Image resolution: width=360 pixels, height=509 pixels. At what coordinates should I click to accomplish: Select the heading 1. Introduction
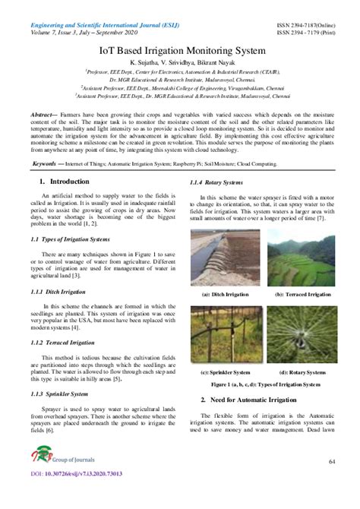click(x=65, y=182)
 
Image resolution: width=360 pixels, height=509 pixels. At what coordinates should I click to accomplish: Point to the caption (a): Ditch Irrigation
click(x=226, y=295)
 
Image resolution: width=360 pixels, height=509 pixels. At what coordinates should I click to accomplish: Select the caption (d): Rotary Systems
click(x=303, y=374)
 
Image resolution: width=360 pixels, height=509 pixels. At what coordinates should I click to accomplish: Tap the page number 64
click(x=332, y=462)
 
